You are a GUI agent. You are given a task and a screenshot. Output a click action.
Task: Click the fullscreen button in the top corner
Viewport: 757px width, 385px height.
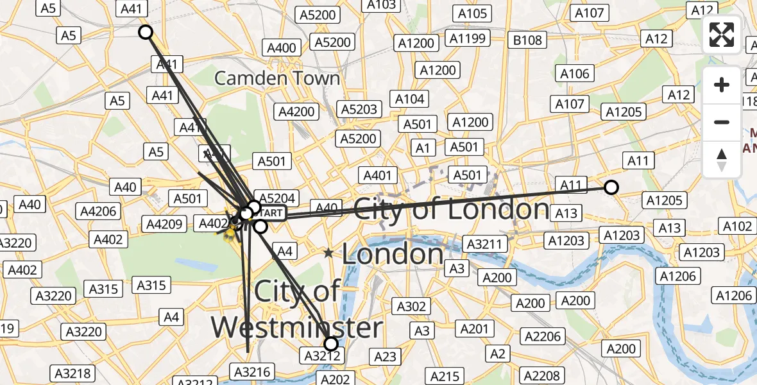[x=722, y=35]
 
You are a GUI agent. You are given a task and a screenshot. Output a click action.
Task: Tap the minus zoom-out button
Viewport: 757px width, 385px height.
[x=722, y=122]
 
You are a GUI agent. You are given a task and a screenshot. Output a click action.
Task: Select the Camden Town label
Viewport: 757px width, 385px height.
[x=277, y=78]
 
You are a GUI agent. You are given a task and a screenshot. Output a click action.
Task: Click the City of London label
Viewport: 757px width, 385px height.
[x=452, y=209]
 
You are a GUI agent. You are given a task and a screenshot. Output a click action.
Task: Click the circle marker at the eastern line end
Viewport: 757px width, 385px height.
[x=611, y=187]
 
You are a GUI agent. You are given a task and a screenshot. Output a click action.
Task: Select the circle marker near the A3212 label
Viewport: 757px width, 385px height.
[x=331, y=343]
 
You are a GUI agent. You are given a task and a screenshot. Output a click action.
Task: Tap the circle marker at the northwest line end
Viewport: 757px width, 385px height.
[x=146, y=32]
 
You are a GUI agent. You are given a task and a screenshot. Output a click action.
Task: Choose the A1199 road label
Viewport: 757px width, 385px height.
[x=468, y=38]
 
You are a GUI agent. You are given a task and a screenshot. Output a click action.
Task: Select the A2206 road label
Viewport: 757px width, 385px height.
[x=542, y=336]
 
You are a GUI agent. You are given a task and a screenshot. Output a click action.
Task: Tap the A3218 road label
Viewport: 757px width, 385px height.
[x=73, y=373]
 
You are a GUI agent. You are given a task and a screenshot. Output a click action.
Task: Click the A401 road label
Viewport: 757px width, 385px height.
[x=377, y=175]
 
